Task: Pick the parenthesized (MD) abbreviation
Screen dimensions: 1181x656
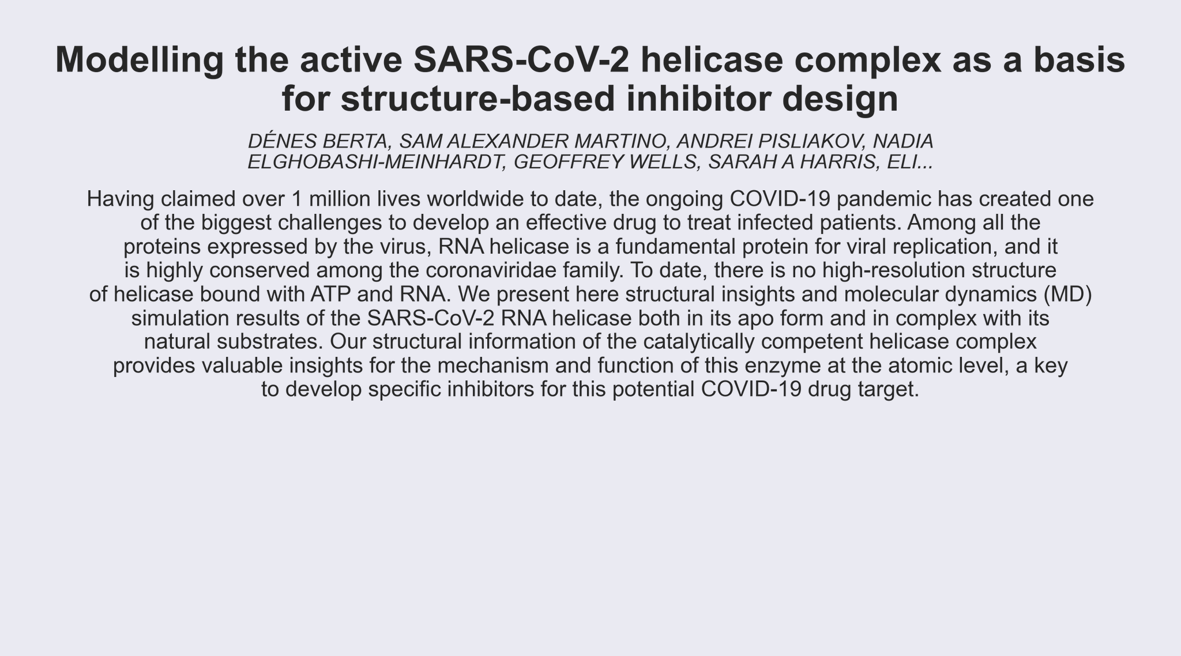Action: click(x=1067, y=295)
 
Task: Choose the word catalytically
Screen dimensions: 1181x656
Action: click(x=699, y=342)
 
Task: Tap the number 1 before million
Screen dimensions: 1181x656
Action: click(x=298, y=199)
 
